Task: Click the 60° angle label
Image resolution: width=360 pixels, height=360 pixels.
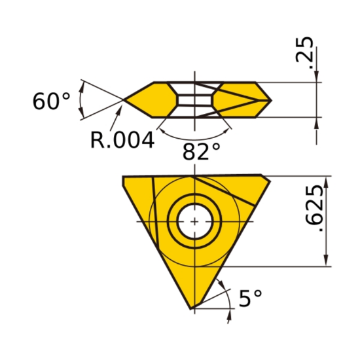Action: tap(51, 102)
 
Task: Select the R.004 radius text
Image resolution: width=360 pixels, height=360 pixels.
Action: tap(122, 139)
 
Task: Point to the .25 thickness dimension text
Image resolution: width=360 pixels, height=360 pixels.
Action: tap(305, 51)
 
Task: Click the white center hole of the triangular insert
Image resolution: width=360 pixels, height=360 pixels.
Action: tap(194, 222)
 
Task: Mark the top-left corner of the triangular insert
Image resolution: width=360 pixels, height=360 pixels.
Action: tap(124, 177)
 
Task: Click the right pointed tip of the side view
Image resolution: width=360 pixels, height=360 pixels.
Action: tap(270, 100)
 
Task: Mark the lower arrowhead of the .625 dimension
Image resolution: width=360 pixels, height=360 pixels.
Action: tap(325, 261)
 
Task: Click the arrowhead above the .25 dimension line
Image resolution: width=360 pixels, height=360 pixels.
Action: tap(317, 78)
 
